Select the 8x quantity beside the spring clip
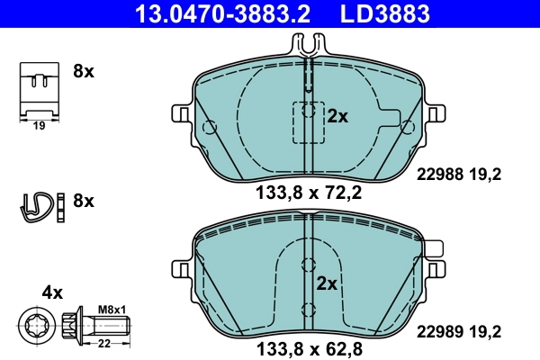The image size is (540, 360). point(83,201)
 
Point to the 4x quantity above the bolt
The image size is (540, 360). point(52,292)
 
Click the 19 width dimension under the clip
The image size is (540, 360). point(39,125)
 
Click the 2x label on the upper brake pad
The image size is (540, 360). point(337,115)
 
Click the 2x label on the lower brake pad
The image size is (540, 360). point(326,283)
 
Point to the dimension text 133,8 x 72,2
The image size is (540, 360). point(308,191)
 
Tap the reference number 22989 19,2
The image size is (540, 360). point(458,330)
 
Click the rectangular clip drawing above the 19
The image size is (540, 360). point(39,88)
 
